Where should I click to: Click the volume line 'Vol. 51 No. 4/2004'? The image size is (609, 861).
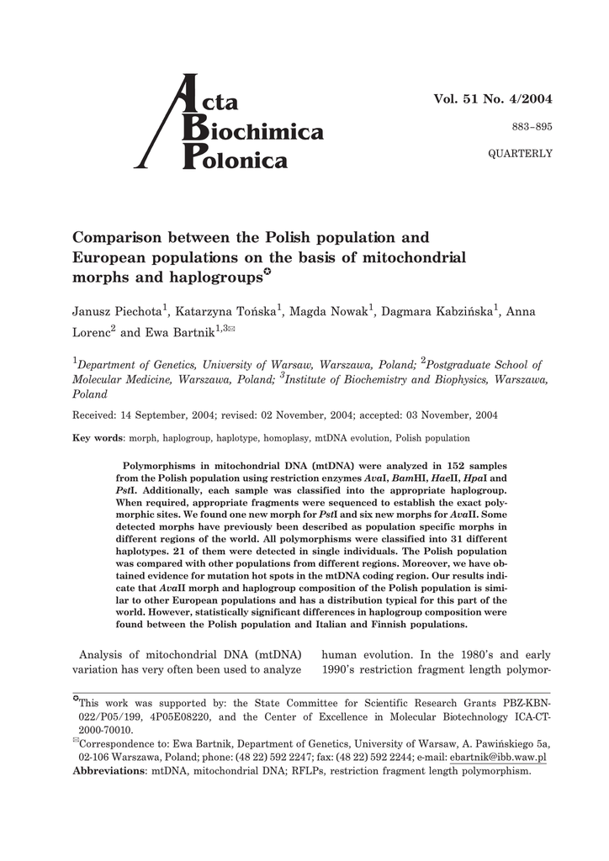coord(493,99)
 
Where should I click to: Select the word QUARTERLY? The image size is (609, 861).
coord(521,153)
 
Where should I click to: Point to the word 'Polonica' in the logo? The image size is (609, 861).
coord(244,160)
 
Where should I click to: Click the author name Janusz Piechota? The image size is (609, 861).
coord(117,312)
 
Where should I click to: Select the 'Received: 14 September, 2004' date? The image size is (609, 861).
coord(146,415)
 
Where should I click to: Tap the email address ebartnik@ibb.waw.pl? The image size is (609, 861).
coord(499,757)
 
